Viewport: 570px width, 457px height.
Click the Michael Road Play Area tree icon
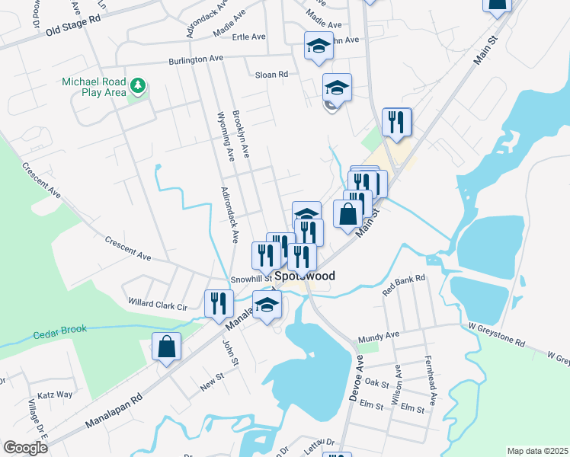tap(138, 85)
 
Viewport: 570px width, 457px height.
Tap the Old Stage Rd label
tap(73, 28)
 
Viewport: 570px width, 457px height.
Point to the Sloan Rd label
tap(271, 75)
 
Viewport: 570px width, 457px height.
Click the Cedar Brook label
tap(60, 330)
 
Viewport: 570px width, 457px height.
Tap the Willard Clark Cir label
tap(158, 305)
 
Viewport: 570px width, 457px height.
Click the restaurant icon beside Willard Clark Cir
tap(219, 302)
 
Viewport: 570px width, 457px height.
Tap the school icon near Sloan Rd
tap(336, 87)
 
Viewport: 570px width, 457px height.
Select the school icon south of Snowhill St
tap(267, 305)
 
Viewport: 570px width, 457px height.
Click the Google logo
tap(25, 448)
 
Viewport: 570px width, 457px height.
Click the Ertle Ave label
tap(248, 37)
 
